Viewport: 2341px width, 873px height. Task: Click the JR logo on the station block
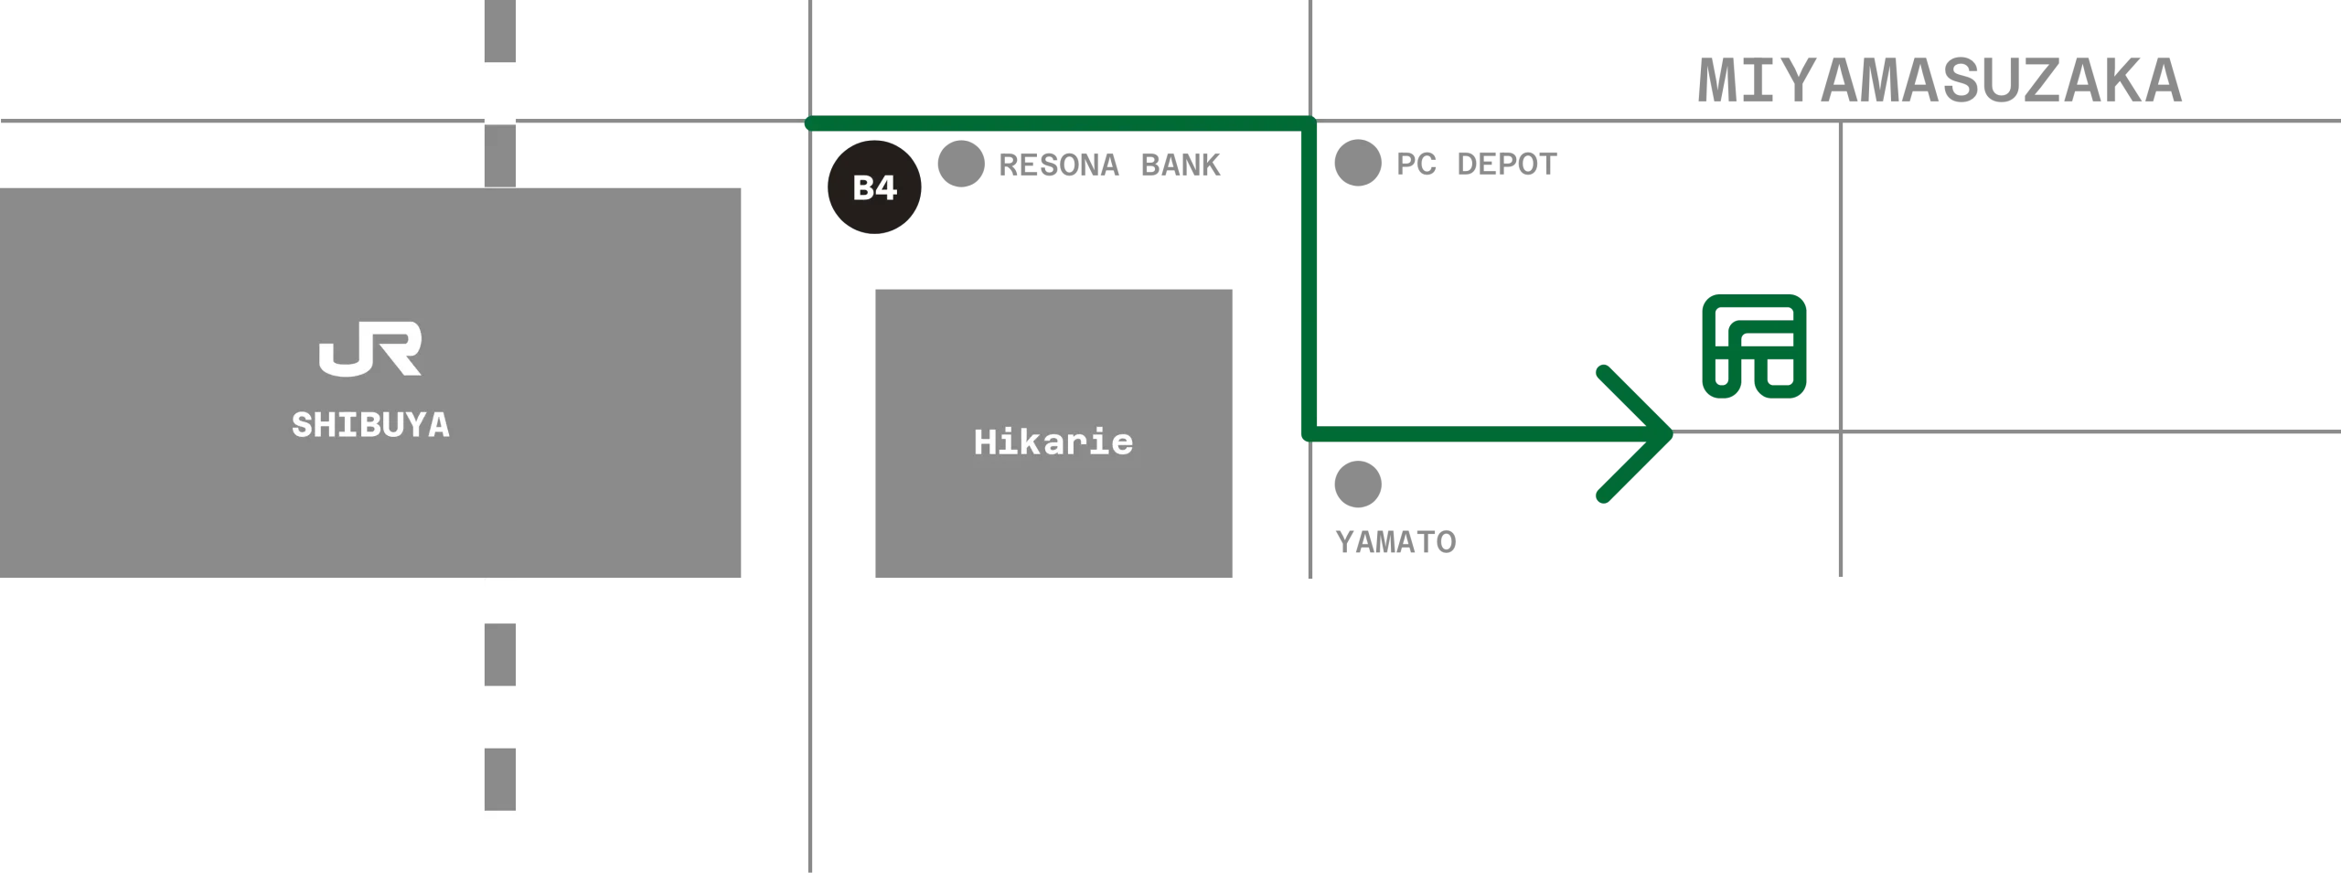click(370, 348)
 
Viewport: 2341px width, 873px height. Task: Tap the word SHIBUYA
click(370, 425)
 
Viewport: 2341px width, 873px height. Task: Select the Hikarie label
click(1053, 442)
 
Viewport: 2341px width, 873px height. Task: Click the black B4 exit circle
click(873, 187)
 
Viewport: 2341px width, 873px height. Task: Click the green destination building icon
click(1752, 347)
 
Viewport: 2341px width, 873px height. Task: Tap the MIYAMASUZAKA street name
click(1940, 77)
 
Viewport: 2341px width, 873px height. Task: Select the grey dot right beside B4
click(960, 165)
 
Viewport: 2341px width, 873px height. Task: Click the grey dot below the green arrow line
click(1356, 485)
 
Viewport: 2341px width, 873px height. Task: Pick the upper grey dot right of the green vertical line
click(1356, 165)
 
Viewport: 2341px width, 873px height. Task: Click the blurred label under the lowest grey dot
click(1393, 540)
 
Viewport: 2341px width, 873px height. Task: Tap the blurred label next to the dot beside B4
click(1107, 163)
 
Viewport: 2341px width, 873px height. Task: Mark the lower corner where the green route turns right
click(1309, 433)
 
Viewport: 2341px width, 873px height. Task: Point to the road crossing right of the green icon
click(1839, 431)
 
